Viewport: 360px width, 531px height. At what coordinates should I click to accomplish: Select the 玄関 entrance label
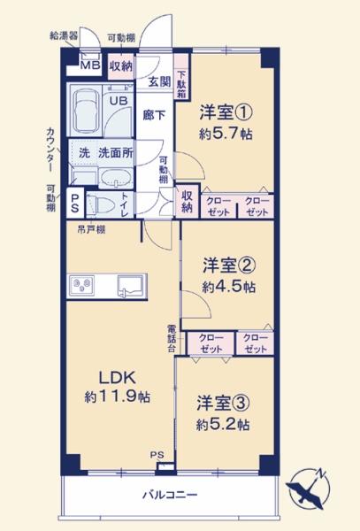pyautogui.click(x=158, y=81)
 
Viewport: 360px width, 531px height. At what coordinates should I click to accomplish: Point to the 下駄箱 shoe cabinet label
pyautogui.click(x=181, y=84)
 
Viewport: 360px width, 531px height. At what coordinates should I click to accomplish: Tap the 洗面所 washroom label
pyautogui.click(x=115, y=151)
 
